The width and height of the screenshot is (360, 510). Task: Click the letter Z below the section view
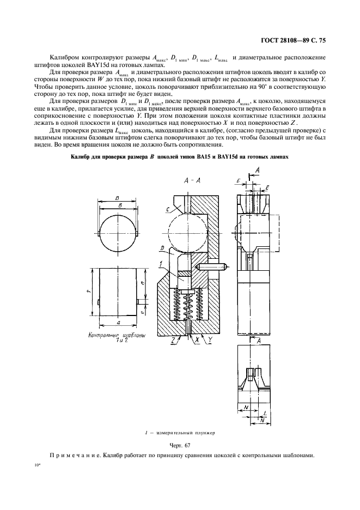click(173, 339)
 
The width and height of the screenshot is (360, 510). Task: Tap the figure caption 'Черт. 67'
click(180, 445)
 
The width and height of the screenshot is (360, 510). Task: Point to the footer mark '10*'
click(38, 466)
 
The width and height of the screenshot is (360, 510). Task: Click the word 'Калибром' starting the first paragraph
click(64, 57)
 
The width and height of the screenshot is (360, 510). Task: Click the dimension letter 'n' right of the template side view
click(141, 283)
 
